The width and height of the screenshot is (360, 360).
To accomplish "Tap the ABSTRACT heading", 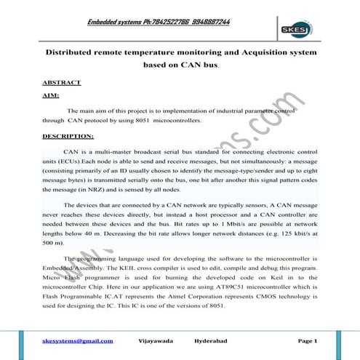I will pyautogui.click(x=62, y=82).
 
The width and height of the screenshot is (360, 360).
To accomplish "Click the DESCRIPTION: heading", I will pyautogui.click(x=68, y=136).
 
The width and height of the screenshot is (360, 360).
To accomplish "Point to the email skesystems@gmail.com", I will pyautogui.click(x=77, y=340).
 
